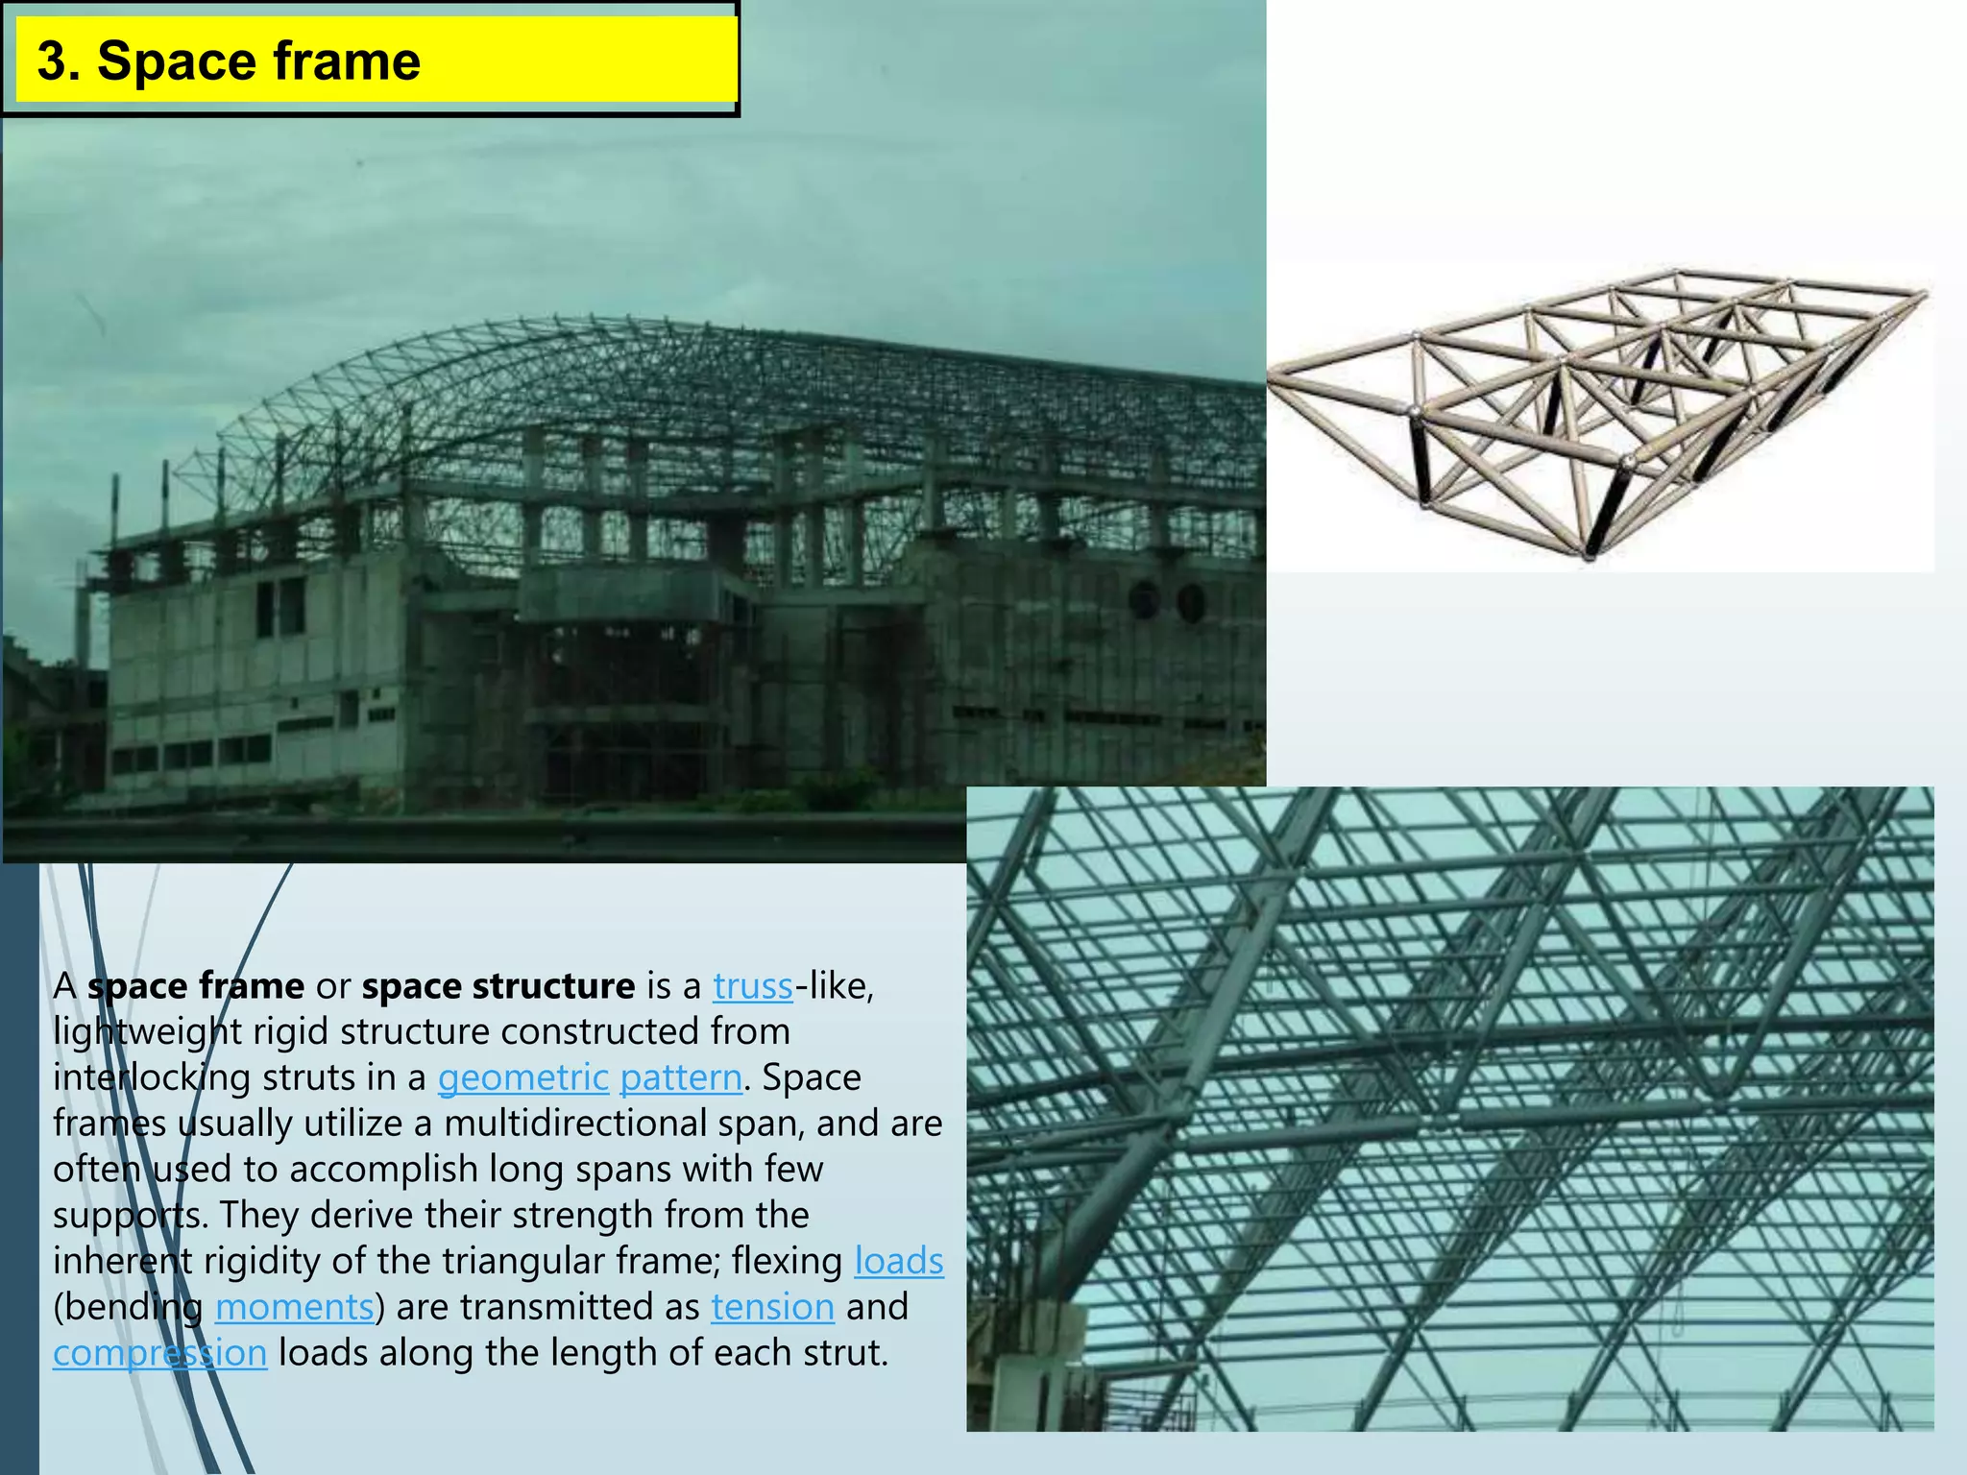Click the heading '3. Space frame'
click(229, 61)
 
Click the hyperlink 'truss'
click(752, 986)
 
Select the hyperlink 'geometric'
click(523, 1077)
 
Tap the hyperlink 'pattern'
click(681, 1077)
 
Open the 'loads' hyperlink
click(899, 1261)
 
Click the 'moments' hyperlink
click(294, 1307)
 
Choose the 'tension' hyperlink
click(772, 1307)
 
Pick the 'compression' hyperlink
click(159, 1353)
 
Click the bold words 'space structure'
click(498, 986)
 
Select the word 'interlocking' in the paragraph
click(152, 1077)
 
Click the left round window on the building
click(1144, 600)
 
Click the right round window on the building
click(1191, 602)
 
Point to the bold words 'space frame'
click(196, 986)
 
